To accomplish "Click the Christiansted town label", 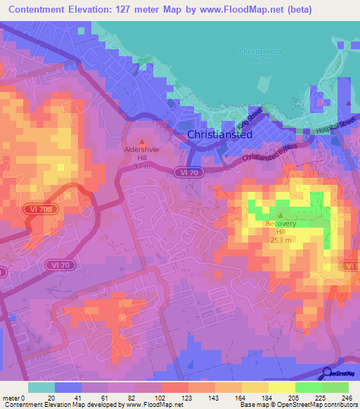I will [219, 135].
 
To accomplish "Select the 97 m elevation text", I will [142, 167].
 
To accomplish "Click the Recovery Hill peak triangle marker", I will [281, 216].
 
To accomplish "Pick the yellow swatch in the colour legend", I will [281, 387].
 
